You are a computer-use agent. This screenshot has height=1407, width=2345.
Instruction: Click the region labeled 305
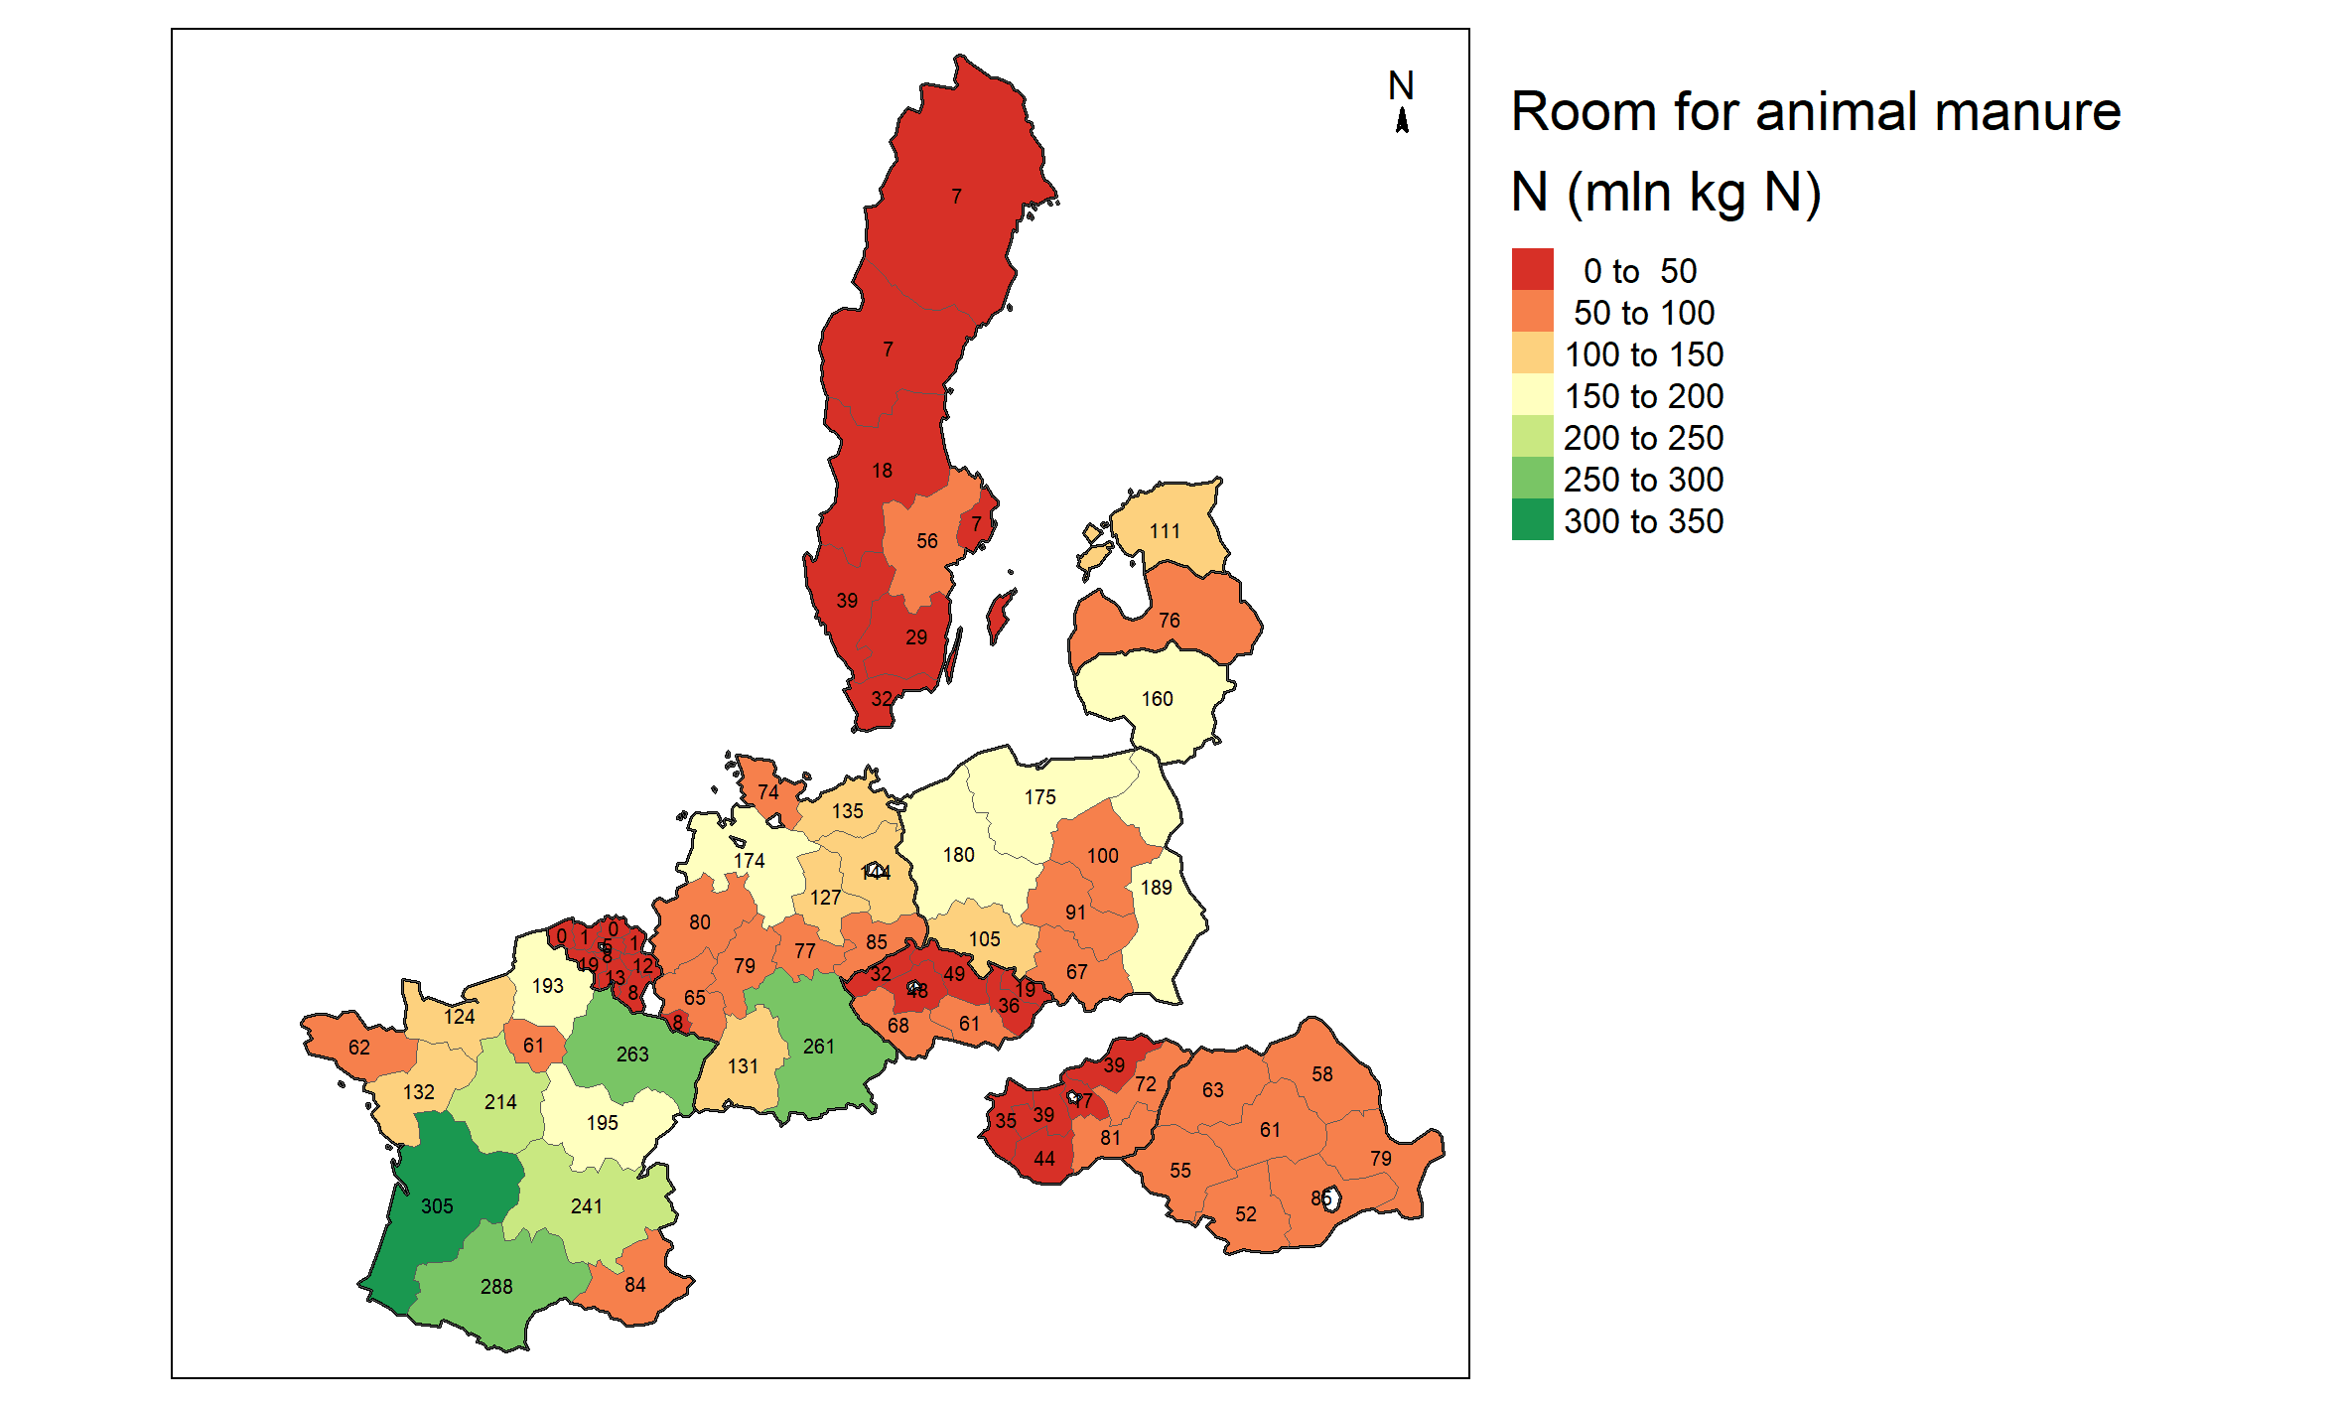[x=437, y=1205]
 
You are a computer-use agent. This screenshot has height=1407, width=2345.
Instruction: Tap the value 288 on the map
[x=496, y=1286]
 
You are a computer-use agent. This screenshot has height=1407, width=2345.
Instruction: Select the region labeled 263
[x=632, y=1054]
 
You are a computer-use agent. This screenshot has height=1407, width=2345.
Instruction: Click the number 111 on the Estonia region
[x=1165, y=531]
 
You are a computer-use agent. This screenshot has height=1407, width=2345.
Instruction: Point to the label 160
[x=1157, y=699]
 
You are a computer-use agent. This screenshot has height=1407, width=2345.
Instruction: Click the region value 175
[x=1039, y=797]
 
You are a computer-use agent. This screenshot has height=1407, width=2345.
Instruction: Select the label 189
[x=1156, y=888]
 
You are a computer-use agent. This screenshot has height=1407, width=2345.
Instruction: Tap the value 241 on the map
[x=586, y=1205]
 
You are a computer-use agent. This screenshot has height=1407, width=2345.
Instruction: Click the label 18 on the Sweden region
[x=882, y=471]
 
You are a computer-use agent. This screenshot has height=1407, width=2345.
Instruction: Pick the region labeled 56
[x=926, y=541]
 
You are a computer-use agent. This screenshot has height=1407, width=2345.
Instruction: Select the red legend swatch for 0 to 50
[x=1532, y=269]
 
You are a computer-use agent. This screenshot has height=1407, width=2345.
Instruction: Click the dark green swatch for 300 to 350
[x=1532, y=519]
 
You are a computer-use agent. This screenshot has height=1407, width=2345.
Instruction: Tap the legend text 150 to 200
[x=1643, y=396]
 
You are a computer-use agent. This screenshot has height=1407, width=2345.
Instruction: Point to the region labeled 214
[x=500, y=1101]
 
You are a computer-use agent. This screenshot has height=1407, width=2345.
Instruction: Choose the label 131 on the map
[x=743, y=1065]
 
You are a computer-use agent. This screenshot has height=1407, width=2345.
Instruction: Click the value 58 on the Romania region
[x=1321, y=1073]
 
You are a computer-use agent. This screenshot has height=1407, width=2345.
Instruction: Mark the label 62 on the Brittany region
[x=358, y=1047]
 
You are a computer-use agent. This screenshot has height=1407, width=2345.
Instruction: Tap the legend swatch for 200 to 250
[x=1532, y=436]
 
